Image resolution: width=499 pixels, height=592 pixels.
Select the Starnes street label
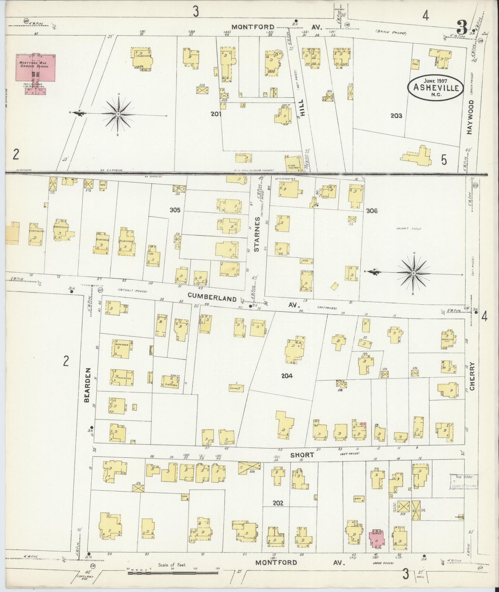(257, 233)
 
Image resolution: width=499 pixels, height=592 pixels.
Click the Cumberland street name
(212, 298)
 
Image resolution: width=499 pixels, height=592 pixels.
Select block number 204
(287, 376)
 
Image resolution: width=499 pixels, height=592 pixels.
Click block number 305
(175, 210)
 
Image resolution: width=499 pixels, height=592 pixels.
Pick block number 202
(278, 503)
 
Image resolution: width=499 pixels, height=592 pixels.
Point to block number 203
(396, 116)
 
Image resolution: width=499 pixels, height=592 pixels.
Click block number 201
(217, 113)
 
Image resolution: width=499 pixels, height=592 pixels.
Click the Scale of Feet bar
(173, 573)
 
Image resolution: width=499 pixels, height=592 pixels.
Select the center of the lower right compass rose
(413, 273)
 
